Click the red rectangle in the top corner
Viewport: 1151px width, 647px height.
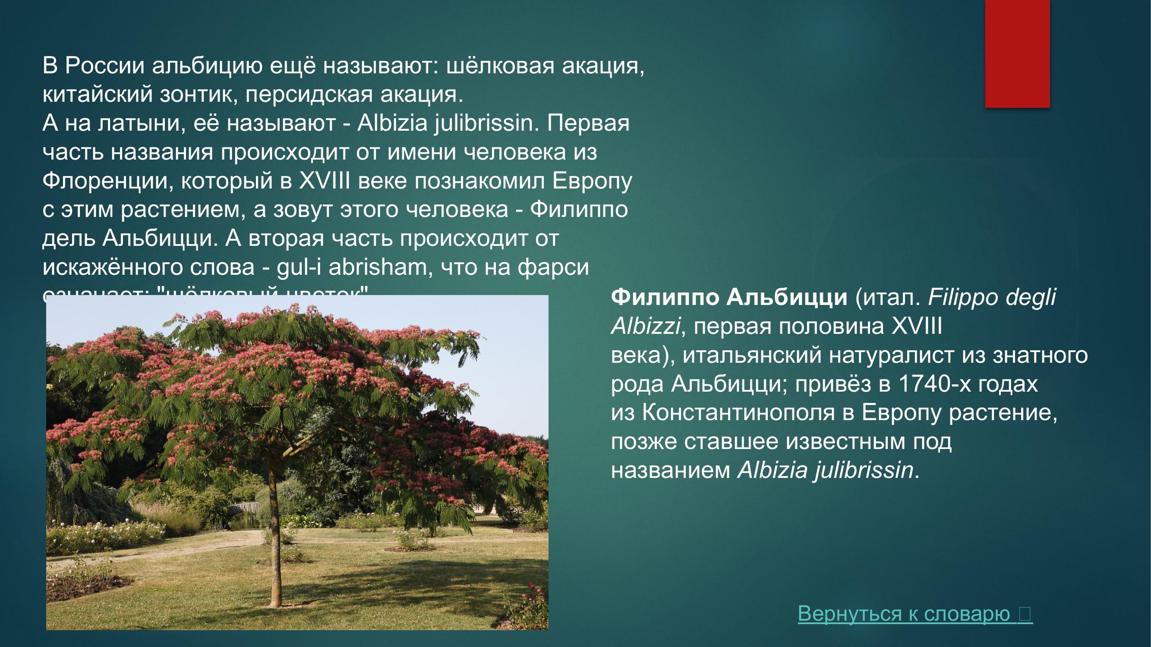coord(1017,53)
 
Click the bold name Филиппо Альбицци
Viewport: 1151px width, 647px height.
coord(728,297)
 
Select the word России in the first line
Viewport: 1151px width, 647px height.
coord(104,66)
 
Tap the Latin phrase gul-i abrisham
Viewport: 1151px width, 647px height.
coord(351,267)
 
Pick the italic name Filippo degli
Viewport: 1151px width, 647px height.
coord(992,297)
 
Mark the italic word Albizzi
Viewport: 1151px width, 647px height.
coord(645,326)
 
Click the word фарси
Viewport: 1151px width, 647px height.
coord(553,267)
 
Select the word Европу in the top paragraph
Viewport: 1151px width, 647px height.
coord(592,181)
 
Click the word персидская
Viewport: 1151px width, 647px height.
coord(309,94)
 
